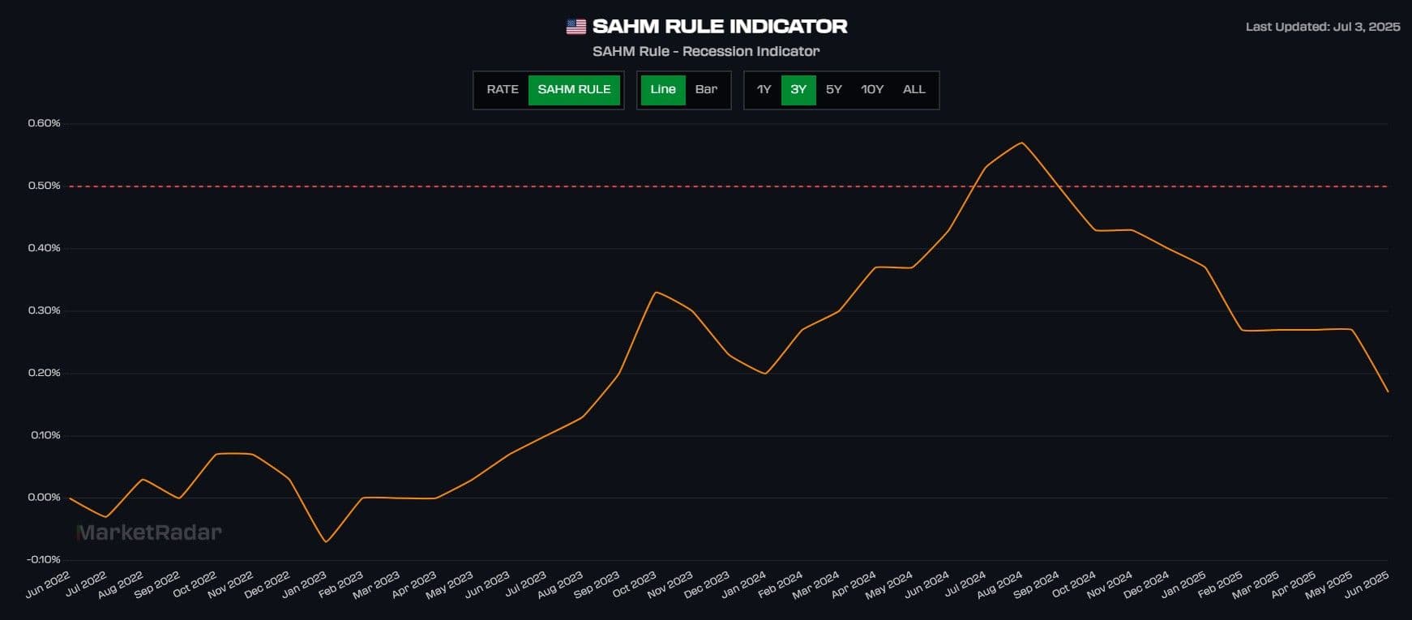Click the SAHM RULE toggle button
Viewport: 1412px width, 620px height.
(574, 90)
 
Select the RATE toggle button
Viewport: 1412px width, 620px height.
(502, 90)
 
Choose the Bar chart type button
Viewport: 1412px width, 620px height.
(706, 90)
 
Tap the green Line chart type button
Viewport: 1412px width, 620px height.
(662, 90)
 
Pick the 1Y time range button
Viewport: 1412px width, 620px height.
(764, 90)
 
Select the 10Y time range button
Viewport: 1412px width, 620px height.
(871, 90)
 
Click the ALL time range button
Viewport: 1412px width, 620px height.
(914, 90)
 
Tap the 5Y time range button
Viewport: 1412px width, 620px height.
(833, 90)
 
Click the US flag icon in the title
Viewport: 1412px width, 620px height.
(575, 27)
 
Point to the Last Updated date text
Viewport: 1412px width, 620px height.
(1322, 27)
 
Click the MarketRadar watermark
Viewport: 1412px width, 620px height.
(148, 532)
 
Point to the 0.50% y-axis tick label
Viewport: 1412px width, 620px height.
(44, 186)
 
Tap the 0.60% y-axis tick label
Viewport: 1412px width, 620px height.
(44, 123)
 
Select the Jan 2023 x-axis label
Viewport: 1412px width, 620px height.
(304, 584)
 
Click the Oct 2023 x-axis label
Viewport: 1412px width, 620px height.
(634, 584)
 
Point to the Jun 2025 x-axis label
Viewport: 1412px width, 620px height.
(1367, 584)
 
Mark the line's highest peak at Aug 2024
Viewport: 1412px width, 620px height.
(1022, 143)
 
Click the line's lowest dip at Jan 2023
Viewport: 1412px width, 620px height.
(326, 541)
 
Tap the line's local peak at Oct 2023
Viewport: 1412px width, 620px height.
(655, 292)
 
